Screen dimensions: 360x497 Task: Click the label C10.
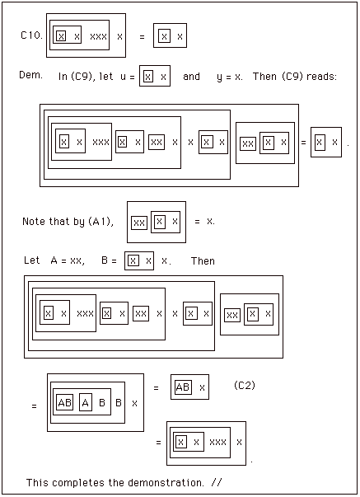[31, 35]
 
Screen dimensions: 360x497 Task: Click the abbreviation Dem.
[30, 75]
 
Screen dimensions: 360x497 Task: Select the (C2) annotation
[245, 385]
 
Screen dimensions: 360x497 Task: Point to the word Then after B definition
[203, 260]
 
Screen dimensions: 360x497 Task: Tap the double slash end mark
[217, 482]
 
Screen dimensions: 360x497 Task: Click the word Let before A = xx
[31, 260]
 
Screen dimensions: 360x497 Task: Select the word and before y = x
[191, 77]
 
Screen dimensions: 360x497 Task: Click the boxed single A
[85, 402]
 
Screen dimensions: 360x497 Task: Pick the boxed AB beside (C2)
[183, 387]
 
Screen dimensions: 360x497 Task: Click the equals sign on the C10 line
[142, 37]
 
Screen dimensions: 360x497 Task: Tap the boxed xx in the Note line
[139, 223]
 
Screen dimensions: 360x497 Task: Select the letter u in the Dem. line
[123, 77]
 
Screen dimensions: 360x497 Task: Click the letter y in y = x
[219, 77]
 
